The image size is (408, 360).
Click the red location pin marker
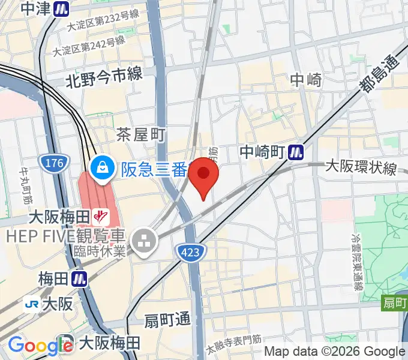(203, 178)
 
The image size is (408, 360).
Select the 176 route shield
(50, 162)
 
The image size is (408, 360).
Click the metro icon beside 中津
(60, 8)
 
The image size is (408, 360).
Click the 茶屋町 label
(140, 134)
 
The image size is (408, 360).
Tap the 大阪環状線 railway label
(361, 167)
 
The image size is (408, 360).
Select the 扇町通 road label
(167, 320)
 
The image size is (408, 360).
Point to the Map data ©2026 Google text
(335, 352)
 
